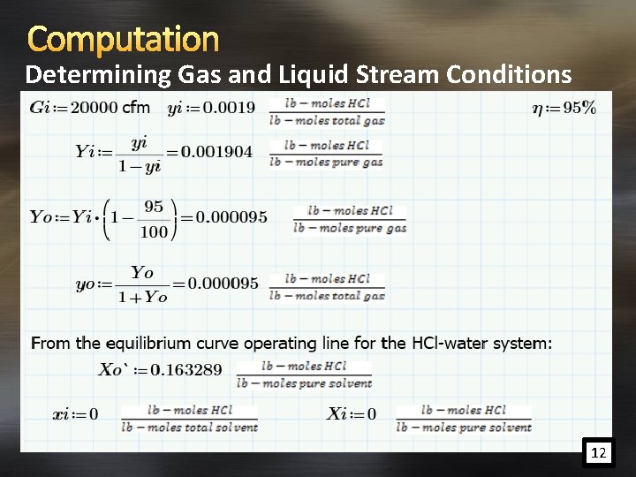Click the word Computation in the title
[124, 39]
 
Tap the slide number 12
[598, 453]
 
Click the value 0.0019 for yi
[229, 108]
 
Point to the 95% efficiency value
[579, 108]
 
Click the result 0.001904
[216, 152]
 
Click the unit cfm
[136, 108]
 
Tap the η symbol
[537, 109]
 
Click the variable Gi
[40, 108]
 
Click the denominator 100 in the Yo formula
[153, 231]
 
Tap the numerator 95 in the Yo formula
[153, 207]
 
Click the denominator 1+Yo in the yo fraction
[142, 297]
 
